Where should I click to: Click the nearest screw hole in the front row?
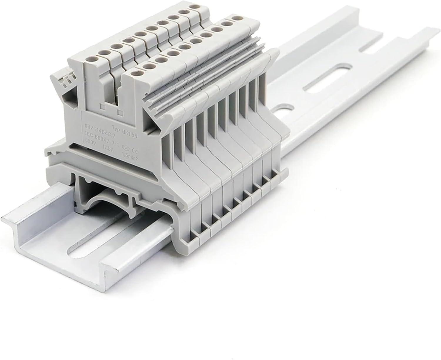tap(135, 73)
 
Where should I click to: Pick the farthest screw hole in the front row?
tap(235, 19)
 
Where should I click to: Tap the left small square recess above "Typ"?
tap(103, 106)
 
